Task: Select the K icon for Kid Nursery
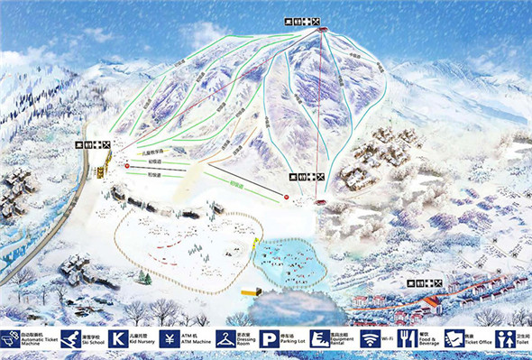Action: pos(117,339)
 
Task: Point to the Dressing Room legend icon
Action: pos(218,339)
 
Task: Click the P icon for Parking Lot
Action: pos(269,339)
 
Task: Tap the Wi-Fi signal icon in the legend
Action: pos(368,339)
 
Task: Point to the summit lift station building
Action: pos(323,32)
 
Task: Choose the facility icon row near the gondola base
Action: pos(304,177)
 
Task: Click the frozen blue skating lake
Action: pos(289,259)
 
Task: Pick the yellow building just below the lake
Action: pos(251,292)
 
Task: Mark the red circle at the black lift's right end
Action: pos(287,197)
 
